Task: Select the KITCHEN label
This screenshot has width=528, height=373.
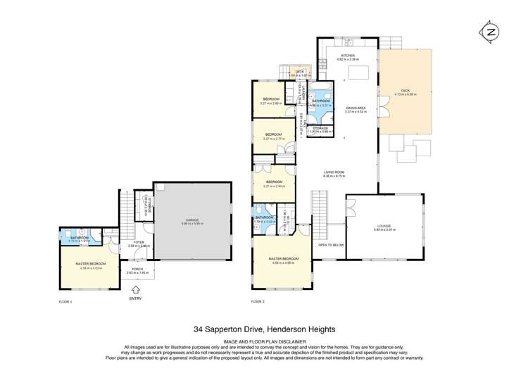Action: pos(348,56)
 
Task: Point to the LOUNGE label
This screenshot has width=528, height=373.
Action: pos(383,226)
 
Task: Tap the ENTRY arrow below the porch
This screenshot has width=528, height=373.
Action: pos(135,289)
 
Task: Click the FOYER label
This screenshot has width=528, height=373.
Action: pos(139,243)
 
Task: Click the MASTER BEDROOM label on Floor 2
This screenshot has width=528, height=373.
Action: pos(284,258)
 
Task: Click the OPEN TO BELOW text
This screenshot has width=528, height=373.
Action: pos(330,245)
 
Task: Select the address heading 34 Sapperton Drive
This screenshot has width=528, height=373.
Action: pos(264,329)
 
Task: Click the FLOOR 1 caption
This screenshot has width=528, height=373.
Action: pos(65,301)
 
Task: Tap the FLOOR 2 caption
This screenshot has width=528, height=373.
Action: pos(258,301)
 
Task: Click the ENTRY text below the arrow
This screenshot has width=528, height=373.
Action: pos(135,298)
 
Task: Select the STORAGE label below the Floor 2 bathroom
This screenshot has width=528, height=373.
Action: pos(320,128)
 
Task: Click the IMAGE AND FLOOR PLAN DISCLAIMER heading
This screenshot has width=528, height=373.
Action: pos(264,341)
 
